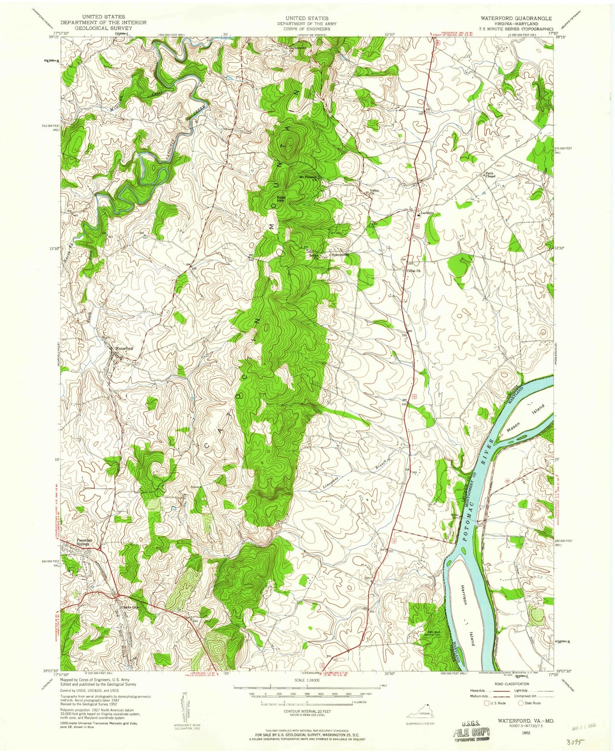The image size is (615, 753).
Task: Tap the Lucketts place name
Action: point(426,212)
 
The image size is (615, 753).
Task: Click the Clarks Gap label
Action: point(129,607)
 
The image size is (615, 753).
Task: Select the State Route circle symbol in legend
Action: point(521,703)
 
